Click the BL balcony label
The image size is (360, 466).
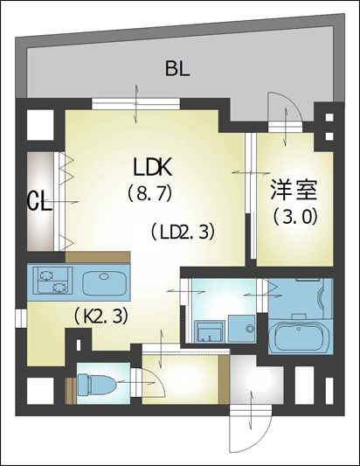coord(177,68)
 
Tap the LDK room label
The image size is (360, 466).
coord(152,168)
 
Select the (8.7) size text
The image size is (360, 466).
coord(150,193)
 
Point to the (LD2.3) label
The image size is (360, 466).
coord(183,232)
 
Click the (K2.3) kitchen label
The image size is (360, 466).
coord(101,316)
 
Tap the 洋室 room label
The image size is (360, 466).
coord(294,191)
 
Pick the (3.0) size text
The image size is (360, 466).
coord(295,217)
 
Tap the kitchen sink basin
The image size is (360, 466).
coord(104,283)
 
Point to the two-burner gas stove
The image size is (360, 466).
coord(53,281)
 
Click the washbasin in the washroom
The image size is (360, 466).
coord(209,331)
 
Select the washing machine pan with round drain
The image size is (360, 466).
coord(242,329)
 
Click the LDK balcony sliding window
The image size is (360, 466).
coord(135,104)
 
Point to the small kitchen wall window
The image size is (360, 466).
coord(21,318)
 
